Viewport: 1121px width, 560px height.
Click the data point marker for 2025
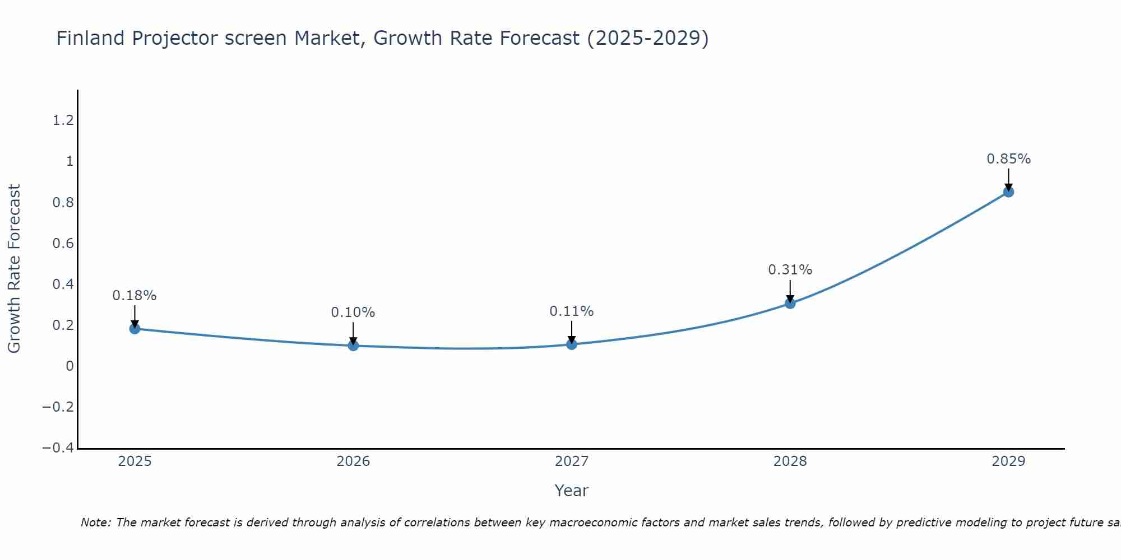pos(135,329)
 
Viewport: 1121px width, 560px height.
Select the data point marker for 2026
pos(353,346)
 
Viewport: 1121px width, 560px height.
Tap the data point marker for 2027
pos(572,344)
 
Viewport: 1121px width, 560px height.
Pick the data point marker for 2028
pos(790,304)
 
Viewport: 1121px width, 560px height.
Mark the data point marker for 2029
pos(1008,192)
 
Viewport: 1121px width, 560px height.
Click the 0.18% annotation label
pos(135,296)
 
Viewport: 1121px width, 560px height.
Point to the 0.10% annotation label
pos(353,312)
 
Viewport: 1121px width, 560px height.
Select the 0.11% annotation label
pos(572,311)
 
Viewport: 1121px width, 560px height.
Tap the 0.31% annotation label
pos(790,270)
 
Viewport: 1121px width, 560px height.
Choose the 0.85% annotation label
pos(1008,159)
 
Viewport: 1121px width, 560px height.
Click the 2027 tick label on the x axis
pos(572,461)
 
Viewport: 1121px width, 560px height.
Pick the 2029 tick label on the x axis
pos(1008,461)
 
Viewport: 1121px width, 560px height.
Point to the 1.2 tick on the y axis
pos(63,120)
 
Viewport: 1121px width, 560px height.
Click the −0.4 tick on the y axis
pos(58,448)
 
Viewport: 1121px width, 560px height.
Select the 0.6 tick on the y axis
pos(63,244)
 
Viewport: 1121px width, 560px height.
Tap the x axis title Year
pos(572,491)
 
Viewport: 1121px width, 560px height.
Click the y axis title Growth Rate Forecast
pos(15,269)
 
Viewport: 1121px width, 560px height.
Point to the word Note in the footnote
pos(96,522)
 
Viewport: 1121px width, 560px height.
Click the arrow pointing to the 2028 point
pos(790,291)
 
